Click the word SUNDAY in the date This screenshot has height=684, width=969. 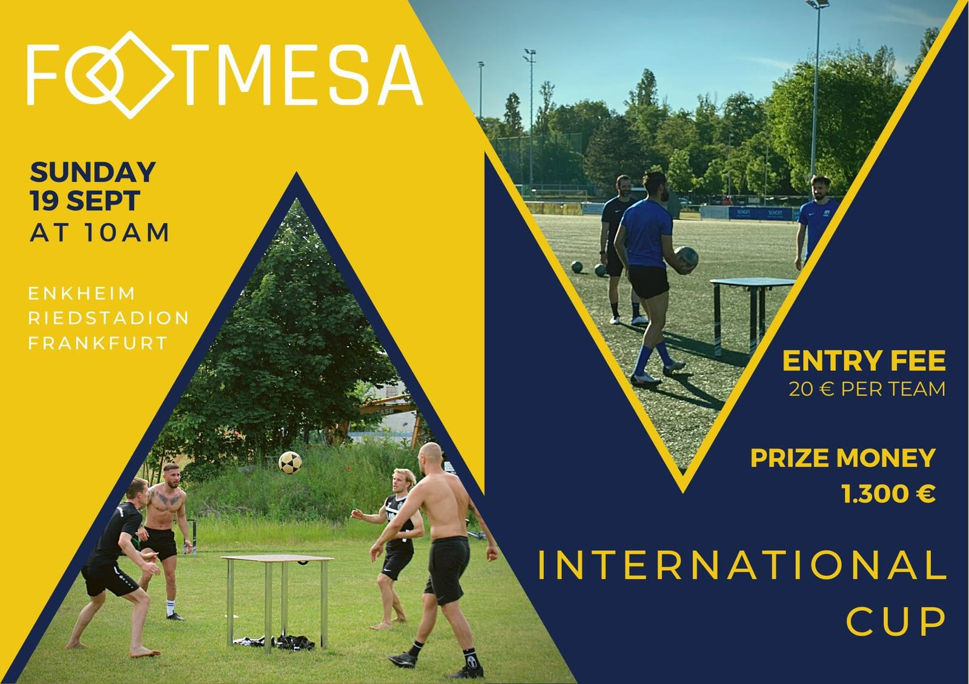click(x=93, y=172)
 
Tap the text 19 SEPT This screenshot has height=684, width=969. click(x=85, y=200)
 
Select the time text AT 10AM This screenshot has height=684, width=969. click(x=99, y=232)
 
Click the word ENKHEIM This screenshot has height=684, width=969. click(x=82, y=294)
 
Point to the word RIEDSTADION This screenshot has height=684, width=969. click(x=108, y=318)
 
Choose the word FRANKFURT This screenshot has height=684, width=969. click(x=98, y=343)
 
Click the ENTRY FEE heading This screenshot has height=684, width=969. click(x=864, y=361)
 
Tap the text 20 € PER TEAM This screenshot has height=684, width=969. click(x=867, y=389)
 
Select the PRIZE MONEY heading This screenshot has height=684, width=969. click(x=843, y=458)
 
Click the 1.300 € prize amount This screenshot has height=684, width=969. click(x=888, y=494)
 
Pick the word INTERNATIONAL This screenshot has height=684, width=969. click(x=742, y=565)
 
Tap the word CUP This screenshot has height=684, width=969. click(x=896, y=621)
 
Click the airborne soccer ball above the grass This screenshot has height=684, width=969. click(x=290, y=462)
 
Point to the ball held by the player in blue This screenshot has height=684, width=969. click(x=686, y=258)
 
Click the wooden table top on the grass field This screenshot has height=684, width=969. click(x=277, y=559)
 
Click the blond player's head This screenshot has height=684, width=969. click(x=403, y=481)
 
